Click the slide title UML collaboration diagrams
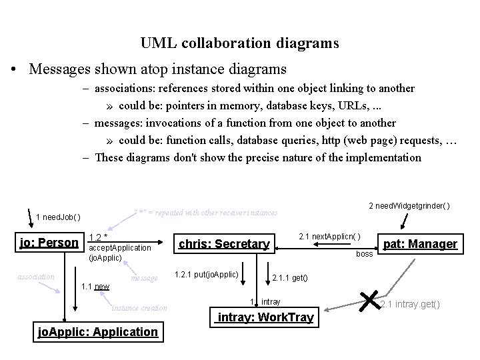coord(239,43)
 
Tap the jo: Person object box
coord(49,243)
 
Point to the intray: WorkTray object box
coord(263,317)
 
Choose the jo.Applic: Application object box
coord(97,332)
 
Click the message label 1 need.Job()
coord(59,217)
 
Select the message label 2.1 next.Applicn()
coord(330,237)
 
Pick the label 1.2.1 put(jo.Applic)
coord(206,274)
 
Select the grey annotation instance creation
coord(139,308)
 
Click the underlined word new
coord(101,287)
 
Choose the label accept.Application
coord(119,247)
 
